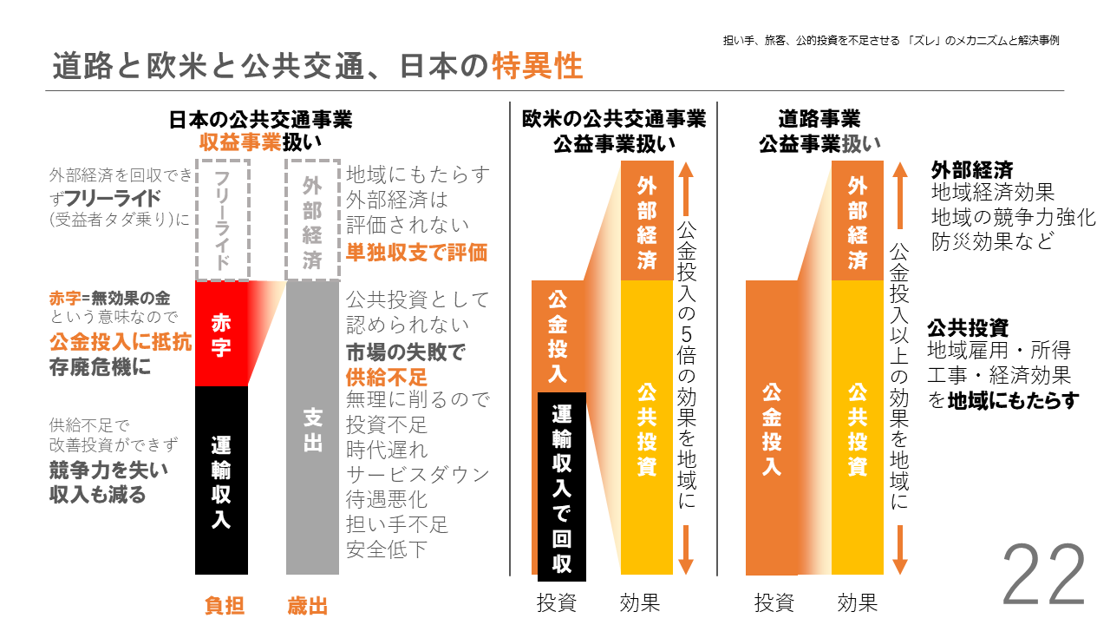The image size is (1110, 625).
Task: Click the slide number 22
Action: pyautogui.click(x=1044, y=576)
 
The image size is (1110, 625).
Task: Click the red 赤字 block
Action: pyautogui.click(x=221, y=334)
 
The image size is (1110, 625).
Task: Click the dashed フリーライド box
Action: pyautogui.click(x=223, y=220)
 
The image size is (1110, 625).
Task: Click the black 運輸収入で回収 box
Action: pyautogui.click(x=561, y=487)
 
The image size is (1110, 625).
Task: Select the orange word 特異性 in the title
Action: pyautogui.click(x=537, y=66)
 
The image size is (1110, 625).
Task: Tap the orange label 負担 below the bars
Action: pyautogui.click(x=224, y=606)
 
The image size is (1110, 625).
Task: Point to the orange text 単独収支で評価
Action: pyautogui.click(x=416, y=253)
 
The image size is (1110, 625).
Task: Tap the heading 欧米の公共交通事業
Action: pyautogui.click(x=614, y=119)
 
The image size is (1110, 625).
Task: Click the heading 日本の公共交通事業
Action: pyautogui.click(x=261, y=119)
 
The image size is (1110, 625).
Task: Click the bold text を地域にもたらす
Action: pyautogui.click(x=1003, y=401)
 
